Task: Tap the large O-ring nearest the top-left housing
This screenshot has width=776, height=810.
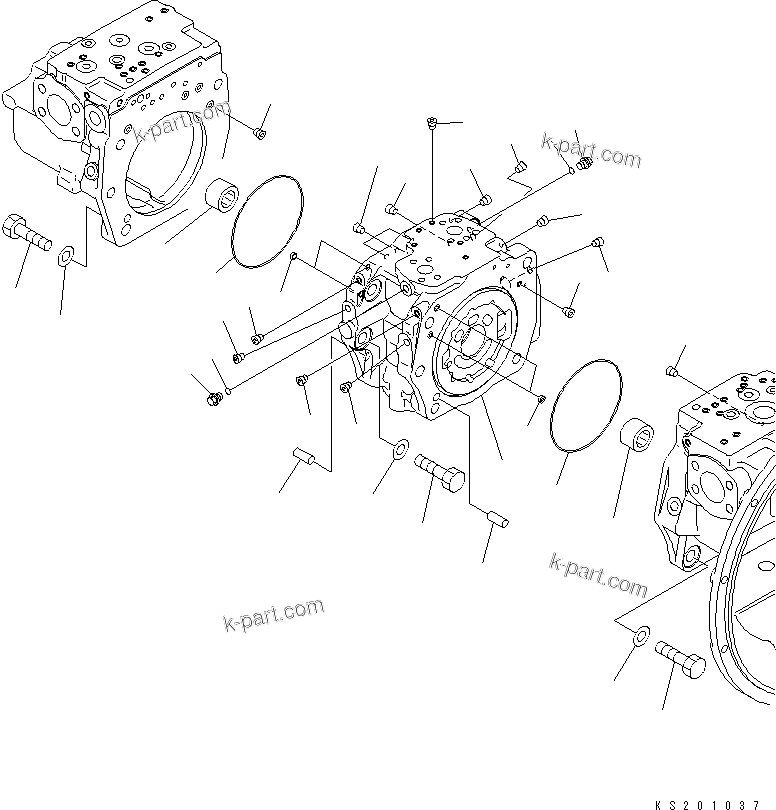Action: click(x=268, y=223)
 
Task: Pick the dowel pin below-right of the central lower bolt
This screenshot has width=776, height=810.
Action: click(x=497, y=519)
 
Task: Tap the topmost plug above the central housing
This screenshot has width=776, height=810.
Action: click(x=430, y=123)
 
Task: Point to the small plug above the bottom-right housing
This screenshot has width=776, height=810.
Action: click(x=672, y=373)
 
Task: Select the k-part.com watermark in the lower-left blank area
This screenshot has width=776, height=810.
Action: click(x=273, y=614)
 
